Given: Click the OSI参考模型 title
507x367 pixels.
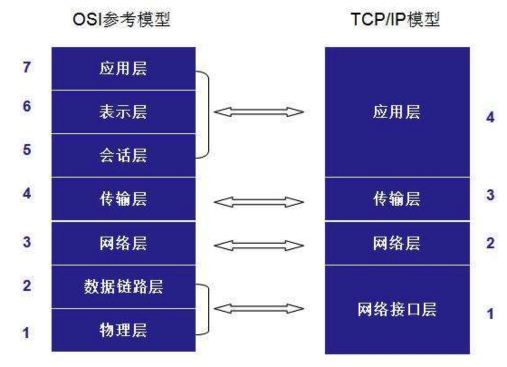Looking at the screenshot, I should (x=122, y=19).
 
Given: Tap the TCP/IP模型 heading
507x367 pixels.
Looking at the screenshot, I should (x=395, y=19).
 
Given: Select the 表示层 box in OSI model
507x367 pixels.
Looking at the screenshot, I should (x=123, y=112).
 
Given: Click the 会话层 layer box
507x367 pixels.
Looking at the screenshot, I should (x=123, y=155).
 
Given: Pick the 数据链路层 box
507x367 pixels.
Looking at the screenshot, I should (x=123, y=287).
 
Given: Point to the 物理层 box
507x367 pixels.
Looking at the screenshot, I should (x=123, y=330).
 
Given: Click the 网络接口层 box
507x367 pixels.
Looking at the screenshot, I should (x=397, y=309).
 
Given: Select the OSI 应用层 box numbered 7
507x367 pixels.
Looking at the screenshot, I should (x=123, y=68).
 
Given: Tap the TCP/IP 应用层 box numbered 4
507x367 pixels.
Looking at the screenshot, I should (x=397, y=112).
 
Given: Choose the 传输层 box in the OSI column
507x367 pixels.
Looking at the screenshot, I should (x=123, y=199).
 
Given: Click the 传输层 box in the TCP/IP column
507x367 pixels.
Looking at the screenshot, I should (x=397, y=199).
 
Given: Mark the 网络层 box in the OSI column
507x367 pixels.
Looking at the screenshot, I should (x=123, y=243).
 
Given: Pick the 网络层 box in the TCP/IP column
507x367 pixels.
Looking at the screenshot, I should (x=397, y=243).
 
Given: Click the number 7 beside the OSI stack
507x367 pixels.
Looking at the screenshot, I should (x=27, y=68).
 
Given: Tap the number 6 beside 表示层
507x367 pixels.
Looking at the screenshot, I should (x=27, y=107).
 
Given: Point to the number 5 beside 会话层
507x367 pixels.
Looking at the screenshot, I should (x=27, y=149).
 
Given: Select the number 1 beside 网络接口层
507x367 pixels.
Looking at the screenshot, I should (x=490, y=314).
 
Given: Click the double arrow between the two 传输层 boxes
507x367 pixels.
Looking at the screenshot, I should (x=258, y=201).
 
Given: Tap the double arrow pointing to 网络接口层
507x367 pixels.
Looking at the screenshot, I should (x=258, y=309).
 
